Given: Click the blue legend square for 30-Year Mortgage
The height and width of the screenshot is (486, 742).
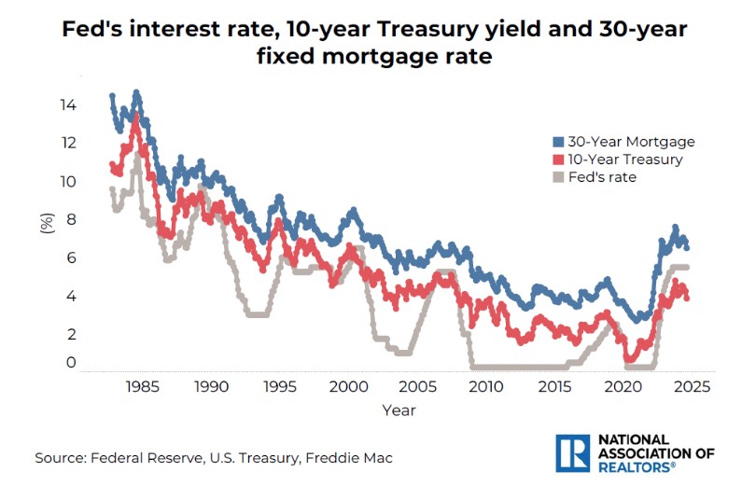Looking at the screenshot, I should tap(558, 142).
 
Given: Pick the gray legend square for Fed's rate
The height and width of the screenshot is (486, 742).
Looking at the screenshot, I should tap(558, 177).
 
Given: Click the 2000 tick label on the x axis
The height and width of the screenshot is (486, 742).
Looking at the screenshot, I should tap(349, 386).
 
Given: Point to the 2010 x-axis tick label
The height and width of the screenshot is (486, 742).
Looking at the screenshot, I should tap(487, 386).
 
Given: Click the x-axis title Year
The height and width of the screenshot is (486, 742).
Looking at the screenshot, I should tap(399, 410).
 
